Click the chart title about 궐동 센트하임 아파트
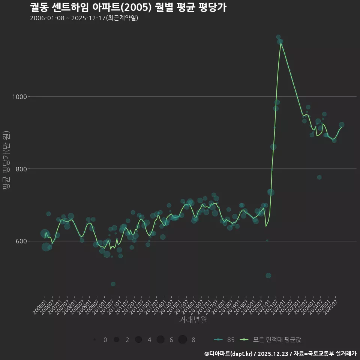128,7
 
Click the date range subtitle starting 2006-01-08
84,18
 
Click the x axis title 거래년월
193,320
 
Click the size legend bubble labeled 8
183,340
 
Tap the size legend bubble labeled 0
94,340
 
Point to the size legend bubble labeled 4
138,340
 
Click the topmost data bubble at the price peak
278,37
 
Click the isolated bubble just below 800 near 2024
319,177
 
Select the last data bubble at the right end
342,125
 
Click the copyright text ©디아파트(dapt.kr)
229,354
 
